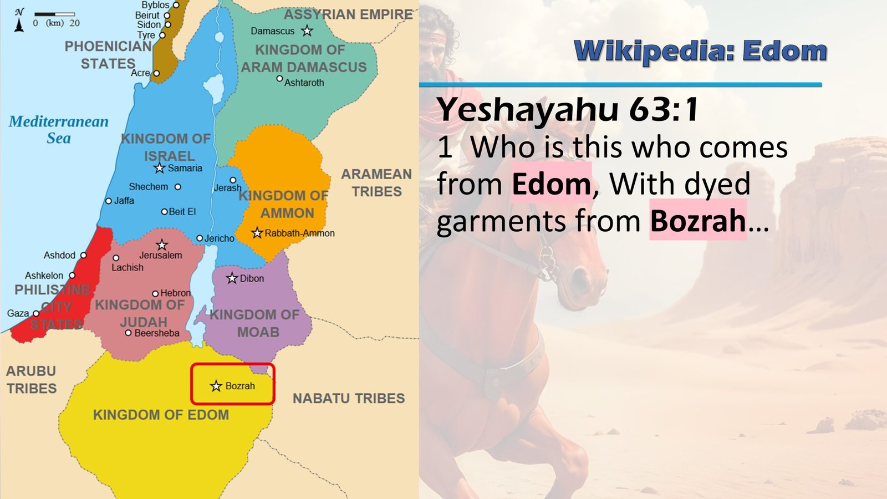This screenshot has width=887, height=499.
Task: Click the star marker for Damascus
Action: pyautogui.click(x=307, y=31)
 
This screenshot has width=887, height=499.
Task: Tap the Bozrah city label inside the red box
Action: pyautogui.click(x=240, y=386)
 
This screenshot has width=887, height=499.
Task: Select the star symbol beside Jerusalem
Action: pyautogui.click(x=162, y=245)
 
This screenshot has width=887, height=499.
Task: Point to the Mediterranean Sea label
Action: pyautogui.click(x=58, y=130)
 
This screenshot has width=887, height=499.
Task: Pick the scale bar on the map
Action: pyautogui.click(x=55, y=14)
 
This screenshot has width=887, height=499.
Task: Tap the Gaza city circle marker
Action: pyautogui.click(x=36, y=313)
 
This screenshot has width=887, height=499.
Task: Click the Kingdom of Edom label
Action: pyautogui.click(x=161, y=415)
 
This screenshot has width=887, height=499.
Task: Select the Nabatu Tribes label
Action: pyautogui.click(x=349, y=398)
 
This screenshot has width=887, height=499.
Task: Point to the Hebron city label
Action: pyautogui.click(x=175, y=293)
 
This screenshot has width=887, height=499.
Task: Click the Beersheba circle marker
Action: pyautogui.click(x=128, y=333)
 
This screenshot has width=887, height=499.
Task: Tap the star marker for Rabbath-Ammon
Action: pyautogui.click(x=257, y=233)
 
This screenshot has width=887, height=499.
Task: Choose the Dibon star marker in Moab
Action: pyautogui.click(x=232, y=278)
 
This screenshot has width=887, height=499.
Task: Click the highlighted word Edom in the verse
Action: pyautogui.click(x=551, y=184)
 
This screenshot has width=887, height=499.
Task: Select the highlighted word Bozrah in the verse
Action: pyautogui.click(x=697, y=221)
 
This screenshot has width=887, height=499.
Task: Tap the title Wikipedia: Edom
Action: pyautogui.click(x=700, y=51)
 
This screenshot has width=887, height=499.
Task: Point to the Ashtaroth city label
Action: pyautogui.click(x=304, y=83)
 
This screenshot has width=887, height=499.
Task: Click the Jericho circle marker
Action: pyautogui.click(x=200, y=238)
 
